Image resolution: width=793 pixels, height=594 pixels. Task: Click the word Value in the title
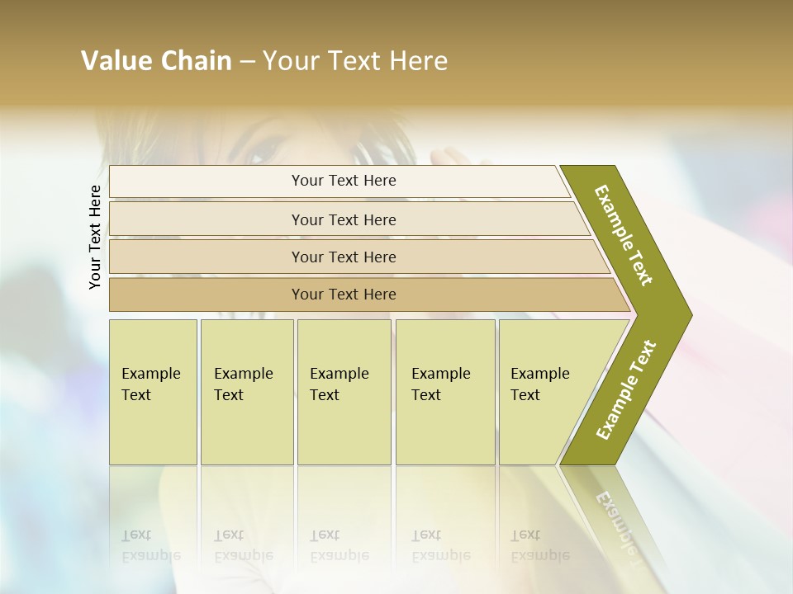(x=115, y=61)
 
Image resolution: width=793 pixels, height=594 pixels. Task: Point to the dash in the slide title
(x=247, y=62)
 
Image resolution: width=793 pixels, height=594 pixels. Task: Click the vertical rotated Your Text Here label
(x=95, y=237)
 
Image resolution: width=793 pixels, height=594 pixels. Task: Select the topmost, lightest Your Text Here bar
(x=343, y=181)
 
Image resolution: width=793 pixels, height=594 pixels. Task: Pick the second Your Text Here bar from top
(x=343, y=219)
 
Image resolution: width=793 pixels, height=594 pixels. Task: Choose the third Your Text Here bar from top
(x=343, y=257)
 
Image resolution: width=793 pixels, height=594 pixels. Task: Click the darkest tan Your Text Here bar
(x=343, y=295)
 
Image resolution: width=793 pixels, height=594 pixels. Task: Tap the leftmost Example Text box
(x=153, y=392)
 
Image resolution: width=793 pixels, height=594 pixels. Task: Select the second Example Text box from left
(x=246, y=392)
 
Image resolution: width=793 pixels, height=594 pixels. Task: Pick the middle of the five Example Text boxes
(x=344, y=392)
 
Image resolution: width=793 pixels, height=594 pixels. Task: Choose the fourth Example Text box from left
(x=444, y=392)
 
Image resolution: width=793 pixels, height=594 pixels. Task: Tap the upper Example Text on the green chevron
(x=624, y=235)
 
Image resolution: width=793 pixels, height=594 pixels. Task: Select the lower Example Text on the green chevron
(x=626, y=389)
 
